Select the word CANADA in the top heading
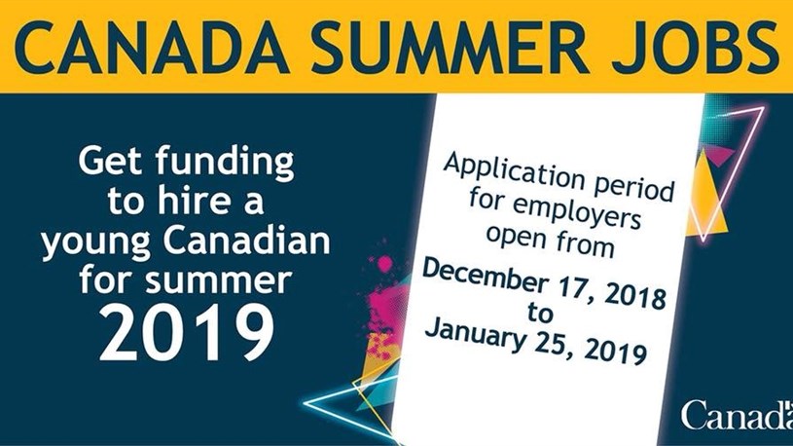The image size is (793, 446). (x=151, y=47)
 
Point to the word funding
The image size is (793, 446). (x=225, y=162)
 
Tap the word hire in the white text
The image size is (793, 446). (x=188, y=201)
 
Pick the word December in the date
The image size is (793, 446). (x=484, y=277)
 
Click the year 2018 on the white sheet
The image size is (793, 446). (x=634, y=295)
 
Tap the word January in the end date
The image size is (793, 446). (x=474, y=335)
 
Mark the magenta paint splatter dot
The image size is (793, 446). (x=385, y=263)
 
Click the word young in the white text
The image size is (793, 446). (x=95, y=243)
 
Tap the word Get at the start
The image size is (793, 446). (x=111, y=160)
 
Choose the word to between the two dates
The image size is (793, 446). (x=540, y=313)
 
